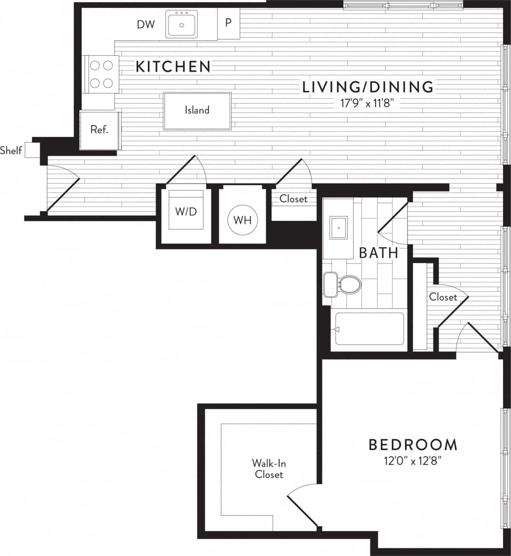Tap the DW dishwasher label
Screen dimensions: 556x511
(x=146, y=25)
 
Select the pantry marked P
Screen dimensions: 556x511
(x=229, y=23)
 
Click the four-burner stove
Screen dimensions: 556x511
(x=101, y=74)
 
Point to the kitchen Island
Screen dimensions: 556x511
(x=197, y=111)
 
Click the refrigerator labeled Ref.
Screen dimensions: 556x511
(x=99, y=130)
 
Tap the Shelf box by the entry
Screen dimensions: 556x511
(x=32, y=150)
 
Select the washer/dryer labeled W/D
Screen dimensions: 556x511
(x=186, y=212)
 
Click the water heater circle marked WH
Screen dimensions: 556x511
(x=243, y=220)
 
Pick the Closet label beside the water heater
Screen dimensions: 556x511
(x=293, y=199)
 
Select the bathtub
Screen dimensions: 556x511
(x=369, y=329)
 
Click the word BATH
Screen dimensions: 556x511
(x=379, y=253)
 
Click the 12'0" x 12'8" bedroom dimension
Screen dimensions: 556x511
(x=411, y=461)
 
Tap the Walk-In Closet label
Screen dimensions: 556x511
(x=269, y=469)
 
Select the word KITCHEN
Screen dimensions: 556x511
(x=173, y=67)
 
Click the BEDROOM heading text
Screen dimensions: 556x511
(x=413, y=445)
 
